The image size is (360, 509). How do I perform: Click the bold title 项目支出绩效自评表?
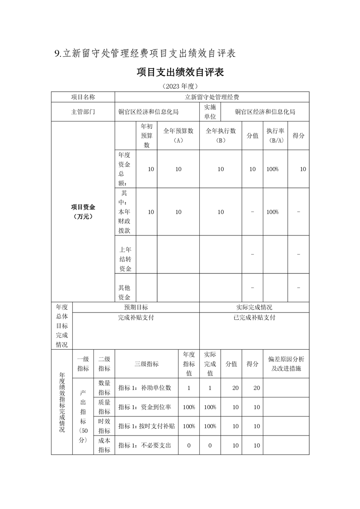(x=180, y=72)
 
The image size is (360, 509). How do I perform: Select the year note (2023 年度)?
(x=180, y=86)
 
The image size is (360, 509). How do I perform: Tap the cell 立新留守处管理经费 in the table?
(x=212, y=97)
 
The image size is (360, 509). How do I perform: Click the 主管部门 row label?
(x=83, y=112)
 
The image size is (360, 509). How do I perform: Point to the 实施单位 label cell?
(x=210, y=112)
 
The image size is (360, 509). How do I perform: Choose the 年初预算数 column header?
(x=147, y=136)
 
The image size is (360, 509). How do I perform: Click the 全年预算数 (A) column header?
(x=178, y=136)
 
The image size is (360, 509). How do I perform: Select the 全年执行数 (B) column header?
(x=221, y=136)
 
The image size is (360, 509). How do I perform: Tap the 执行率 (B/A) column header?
(x=275, y=136)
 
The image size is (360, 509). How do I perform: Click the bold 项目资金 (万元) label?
(x=83, y=211)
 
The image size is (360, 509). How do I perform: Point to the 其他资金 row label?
(x=125, y=292)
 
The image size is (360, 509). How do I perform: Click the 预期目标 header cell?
(x=136, y=307)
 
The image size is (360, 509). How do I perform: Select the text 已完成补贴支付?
(x=254, y=318)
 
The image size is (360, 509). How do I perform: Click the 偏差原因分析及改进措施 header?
(x=286, y=363)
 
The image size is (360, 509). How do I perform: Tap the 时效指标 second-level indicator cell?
(x=104, y=426)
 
